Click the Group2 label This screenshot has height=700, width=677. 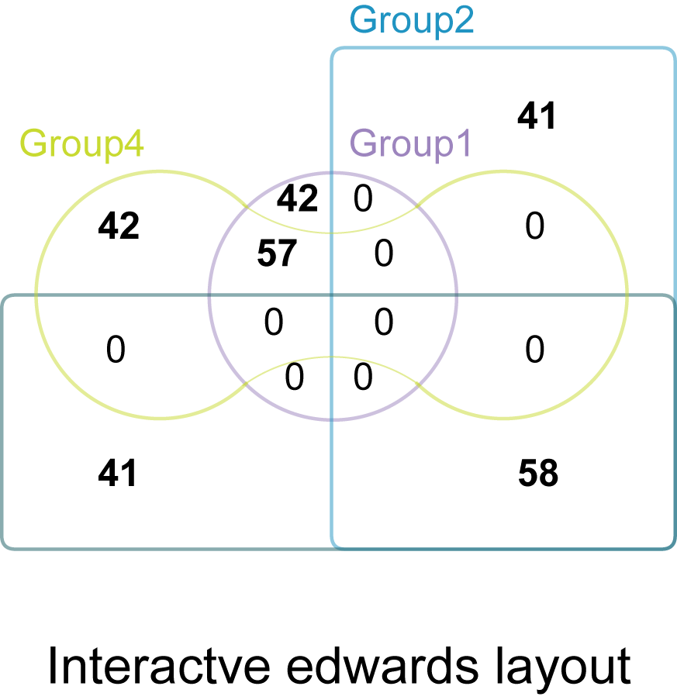411,21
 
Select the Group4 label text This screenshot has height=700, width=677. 81,144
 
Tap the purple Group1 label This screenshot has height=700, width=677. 410,144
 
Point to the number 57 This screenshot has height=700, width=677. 277,253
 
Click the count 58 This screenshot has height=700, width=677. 538,473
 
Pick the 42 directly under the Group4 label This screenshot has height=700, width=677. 119,226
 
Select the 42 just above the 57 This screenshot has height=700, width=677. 298,198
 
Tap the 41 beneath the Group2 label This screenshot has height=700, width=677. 537,116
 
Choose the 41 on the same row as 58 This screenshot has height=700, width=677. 117,473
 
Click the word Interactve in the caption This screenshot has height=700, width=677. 158,667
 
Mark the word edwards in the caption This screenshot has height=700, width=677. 382,667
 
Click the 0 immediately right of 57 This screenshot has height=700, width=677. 384,253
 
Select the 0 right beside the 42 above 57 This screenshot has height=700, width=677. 363,198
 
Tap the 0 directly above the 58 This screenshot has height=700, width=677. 534,349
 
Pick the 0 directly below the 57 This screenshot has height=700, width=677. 273,322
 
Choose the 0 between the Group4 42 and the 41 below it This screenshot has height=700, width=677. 116,349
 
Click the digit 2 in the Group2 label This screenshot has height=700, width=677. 463,19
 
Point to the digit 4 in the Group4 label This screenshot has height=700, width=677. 133,143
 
